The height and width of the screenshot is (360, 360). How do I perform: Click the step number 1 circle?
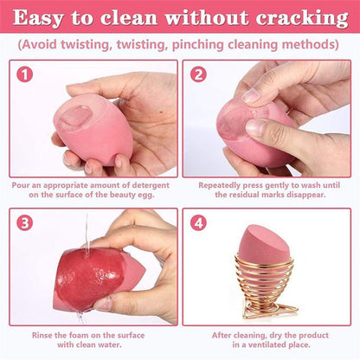[x=25, y=74]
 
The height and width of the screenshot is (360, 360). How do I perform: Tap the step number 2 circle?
[x=198, y=74]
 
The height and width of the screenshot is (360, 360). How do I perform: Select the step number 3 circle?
[x=25, y=222]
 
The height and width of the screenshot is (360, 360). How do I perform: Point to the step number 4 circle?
[x=198, y=222]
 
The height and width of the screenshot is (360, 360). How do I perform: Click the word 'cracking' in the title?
[x=302, y=18]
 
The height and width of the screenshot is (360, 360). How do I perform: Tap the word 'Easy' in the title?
[x=37, y=18]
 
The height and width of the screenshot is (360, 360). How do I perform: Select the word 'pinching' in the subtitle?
[x=197, y=45]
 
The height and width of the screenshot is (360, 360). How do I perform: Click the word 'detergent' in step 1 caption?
[x=151, y=185]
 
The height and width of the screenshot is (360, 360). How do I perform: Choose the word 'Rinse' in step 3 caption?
[x=42, y=335]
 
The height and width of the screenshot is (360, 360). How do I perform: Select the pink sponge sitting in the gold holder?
[x=262, y=246]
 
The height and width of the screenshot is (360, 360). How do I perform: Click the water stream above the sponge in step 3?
[x=87, y=234]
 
